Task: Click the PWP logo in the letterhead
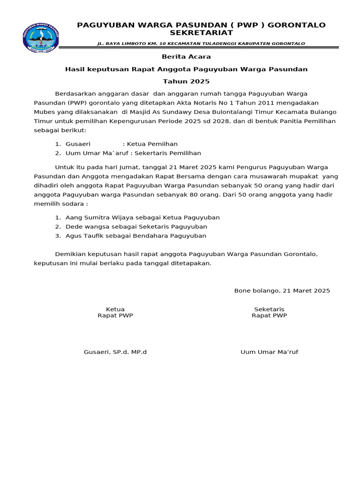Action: coord(41,38)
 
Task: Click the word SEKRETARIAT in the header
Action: coord(201,33)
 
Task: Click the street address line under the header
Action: coord(201,44)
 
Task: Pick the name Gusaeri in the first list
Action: coord(78,144)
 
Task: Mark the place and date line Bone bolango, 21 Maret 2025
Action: coord(282,291)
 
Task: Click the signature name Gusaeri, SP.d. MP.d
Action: coord(115,352)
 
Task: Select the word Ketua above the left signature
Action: coord(115,309)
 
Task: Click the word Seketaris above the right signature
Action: coord(269,309)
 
